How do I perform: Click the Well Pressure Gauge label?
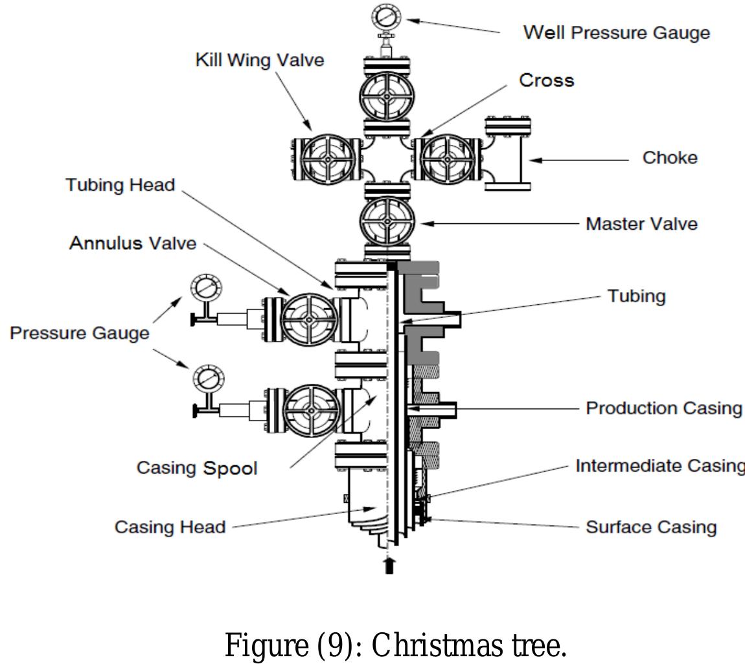[x=616, y=32]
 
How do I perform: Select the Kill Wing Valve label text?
[x=259, y=60]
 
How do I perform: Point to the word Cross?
[x=546, y=80]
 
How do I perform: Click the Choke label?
[x=669, y=158]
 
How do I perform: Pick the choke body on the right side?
[x=508, y=155]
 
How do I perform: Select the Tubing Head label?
[x=120, y=185]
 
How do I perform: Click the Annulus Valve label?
[x=133, y=243]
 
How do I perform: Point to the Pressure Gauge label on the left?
[x=79, y=333]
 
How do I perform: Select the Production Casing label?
[x=663, y=408]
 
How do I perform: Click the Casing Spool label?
[x=196, y=467]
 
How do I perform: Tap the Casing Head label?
[x=170, y=527]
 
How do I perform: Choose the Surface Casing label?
[x=651, y=527]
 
